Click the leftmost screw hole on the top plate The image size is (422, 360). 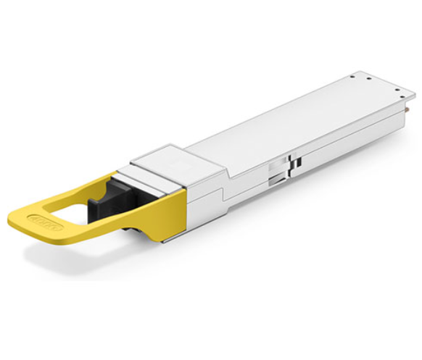pos(352,75)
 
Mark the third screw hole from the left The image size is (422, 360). pos(384,85)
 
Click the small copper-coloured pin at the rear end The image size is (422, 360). pos(410,109)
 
